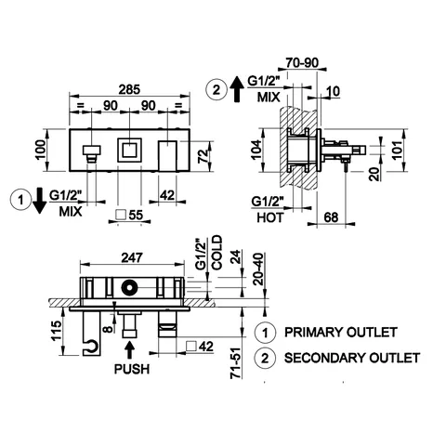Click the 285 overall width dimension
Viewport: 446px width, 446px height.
tap(130, 89)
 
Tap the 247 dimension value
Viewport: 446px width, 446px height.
tap(132, 257)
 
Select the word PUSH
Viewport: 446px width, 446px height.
tap(132, 369)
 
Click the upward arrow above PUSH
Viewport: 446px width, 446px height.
tap(130, 349)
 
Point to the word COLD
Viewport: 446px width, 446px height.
tap(216, 253)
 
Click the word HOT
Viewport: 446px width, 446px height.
tap(270, 217)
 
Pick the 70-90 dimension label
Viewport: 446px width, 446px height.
tap(302, 63)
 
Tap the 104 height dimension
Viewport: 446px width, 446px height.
tap(256, 150)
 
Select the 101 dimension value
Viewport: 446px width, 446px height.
tap(397, 150)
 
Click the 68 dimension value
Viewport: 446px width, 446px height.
tap(331, 217)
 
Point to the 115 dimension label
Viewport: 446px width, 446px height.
tap(57, 331)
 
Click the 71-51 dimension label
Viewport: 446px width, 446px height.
tap(236, 362)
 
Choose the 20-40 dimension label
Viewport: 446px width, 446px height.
tap(258, 269)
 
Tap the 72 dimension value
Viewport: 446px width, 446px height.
tap(203, 155)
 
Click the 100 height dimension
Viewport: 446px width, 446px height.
tap(40, 150)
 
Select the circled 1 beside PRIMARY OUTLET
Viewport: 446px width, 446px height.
tap(265, 333)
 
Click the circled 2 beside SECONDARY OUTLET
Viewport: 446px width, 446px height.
tap(265, 359)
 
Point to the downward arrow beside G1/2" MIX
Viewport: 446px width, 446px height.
tap(39, 201)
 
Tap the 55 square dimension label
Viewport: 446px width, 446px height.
tap(129, 215)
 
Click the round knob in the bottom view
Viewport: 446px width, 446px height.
tap(128, 287)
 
